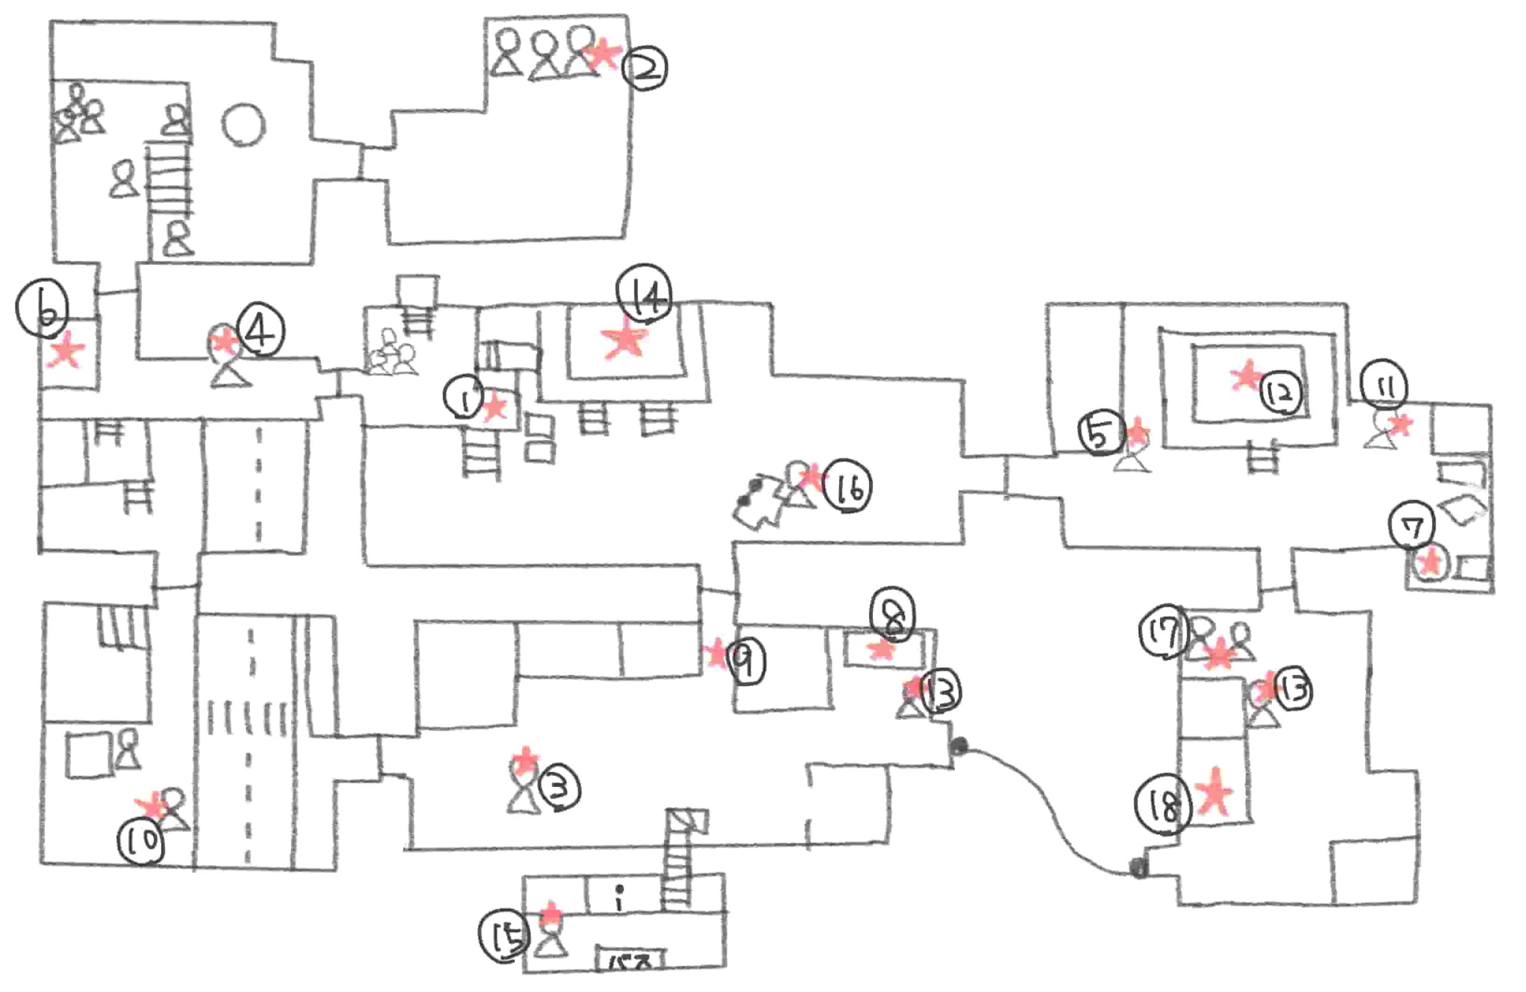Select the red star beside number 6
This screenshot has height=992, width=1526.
tap(67, 351)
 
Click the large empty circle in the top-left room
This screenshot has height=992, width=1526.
tap(244, 125)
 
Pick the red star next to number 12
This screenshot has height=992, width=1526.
tap(1246, 376)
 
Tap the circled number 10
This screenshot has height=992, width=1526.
tap(141, 841)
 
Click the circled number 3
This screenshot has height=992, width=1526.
tap(559, 789)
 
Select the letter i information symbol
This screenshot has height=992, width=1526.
tap(619, 898)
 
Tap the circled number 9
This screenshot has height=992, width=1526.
tap(747, 662)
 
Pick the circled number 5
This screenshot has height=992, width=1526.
tap(1100, 434)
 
